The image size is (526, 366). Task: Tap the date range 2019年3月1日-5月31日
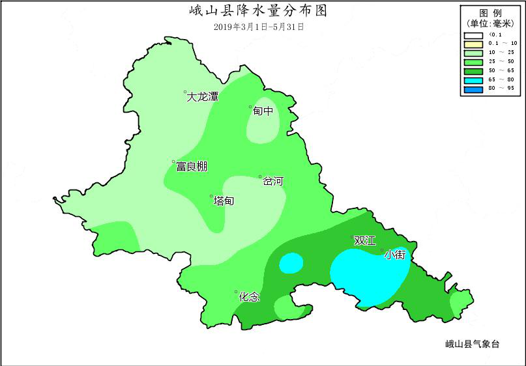click(x=258, y=27)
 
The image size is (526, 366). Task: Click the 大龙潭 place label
click(x=203, y=97)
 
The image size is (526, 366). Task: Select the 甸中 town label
click(x=263, y=111)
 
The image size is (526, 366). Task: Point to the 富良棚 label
click(x=192, y=167)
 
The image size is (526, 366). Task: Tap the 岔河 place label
click(x=273, y=182)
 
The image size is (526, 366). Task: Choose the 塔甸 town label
click(x=224, y=201)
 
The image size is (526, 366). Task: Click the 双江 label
click(x=364, y=241)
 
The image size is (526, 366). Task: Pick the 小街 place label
click(x=396, y=255)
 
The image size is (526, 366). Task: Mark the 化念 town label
click(x=249, y=297)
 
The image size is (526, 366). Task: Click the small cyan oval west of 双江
click(x=291, y=262)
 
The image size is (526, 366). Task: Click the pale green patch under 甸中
click(x=263, y=127)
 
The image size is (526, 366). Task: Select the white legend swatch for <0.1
click(x=473, y=35)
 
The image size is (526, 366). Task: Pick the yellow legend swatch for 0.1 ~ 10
click(x=473, y=44)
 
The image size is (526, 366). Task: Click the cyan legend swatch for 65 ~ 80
click(x=473, y=79)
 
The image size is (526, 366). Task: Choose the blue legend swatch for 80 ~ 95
click(x=473, y=88)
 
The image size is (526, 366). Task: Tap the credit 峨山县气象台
click(x=472, y=344)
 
